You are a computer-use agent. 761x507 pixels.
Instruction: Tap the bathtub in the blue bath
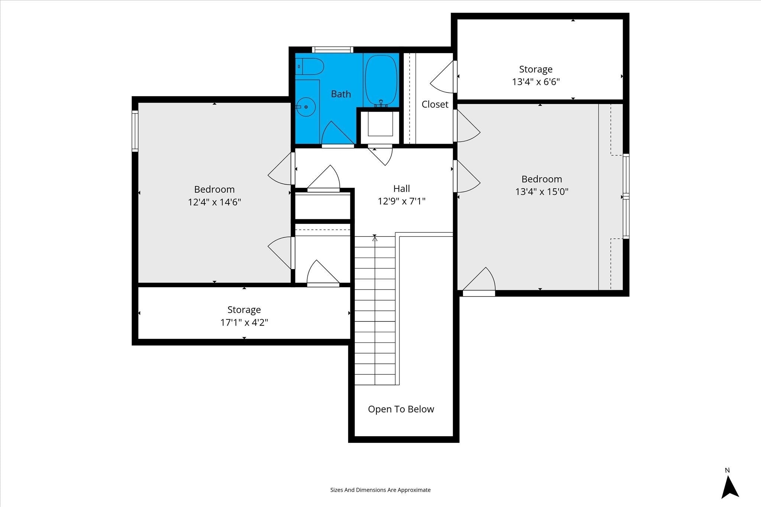[x=381, y=81]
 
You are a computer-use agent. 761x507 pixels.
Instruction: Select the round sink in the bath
[x=305, y=107]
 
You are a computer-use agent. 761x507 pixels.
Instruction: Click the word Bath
[x=341, y=94]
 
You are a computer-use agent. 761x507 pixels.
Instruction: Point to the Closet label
[x=435, y=104]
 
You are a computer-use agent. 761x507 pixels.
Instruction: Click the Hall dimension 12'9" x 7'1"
[x=401, y=201]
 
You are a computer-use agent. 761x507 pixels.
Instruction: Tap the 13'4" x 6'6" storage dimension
[x=536, y=82]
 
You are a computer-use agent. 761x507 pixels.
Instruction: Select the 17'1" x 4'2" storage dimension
[x=244, y=322]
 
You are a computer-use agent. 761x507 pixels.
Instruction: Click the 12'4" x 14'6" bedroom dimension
[x=214, y=202]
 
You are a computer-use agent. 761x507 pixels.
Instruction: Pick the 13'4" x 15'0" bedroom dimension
[x=542, y=192]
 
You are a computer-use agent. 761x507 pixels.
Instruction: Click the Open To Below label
[x=401, y=409]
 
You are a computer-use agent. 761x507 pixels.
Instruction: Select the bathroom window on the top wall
[x=332, y=50]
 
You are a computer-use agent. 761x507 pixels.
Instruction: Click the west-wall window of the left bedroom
[x=135, y=131]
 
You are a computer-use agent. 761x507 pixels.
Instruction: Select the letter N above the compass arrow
[x=727, y=481]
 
